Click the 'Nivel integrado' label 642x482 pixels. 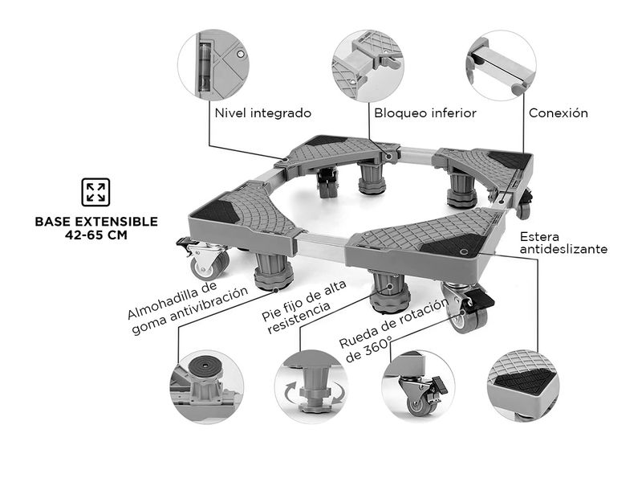(x=262, y=113)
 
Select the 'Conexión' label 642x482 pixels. (x=558, y=113)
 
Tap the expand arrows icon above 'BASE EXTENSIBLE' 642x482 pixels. (x=95, y=192)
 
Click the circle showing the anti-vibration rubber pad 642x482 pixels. (x=205, y=385)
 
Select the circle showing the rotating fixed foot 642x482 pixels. (x=311, y=385)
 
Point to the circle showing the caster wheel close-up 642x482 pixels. (x=418, y=386)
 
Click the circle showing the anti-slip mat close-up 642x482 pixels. (x=524, y=386)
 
